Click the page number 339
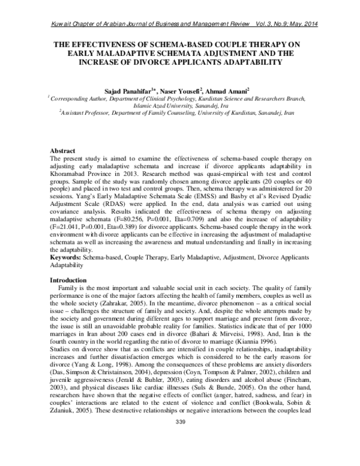point(180,457)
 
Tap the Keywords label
point(65,257)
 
